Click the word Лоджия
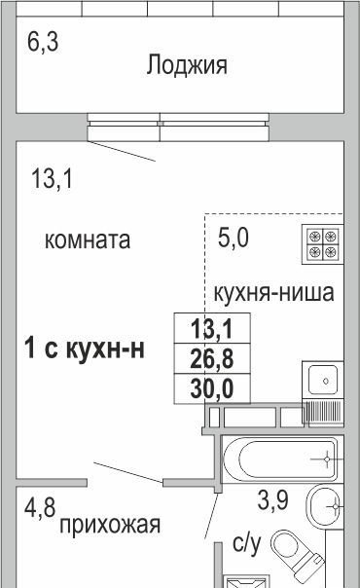click(187, 65)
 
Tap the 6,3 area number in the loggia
click(43, 41)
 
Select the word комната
click(88, 240)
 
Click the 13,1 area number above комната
click(52, 178)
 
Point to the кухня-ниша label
click(273, 293)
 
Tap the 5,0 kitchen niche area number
click(233, 238)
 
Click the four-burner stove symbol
click(322, 244)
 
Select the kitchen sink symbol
click(322, 381)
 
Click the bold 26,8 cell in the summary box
click(212, 358)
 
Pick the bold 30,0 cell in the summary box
click(212, 388)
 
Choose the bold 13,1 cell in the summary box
click(212, 328)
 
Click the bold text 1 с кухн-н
click(85, 349)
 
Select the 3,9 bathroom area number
click(272, 500)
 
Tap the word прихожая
click(110, 525)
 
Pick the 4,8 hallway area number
click(40, 508)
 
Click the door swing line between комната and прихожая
click(128, 472)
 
